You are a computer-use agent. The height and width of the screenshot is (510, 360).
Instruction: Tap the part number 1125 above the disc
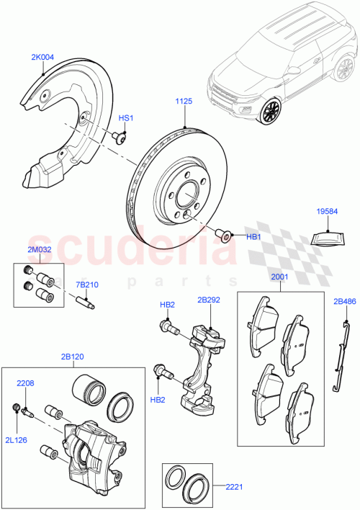pos(183,102)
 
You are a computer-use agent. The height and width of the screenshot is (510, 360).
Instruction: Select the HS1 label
pos(126,118)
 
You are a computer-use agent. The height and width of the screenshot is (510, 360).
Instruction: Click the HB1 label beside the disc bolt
pos(253,236)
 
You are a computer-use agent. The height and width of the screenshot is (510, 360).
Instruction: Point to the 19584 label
pos(328,211)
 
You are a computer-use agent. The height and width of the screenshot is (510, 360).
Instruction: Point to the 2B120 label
pos(73,357)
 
